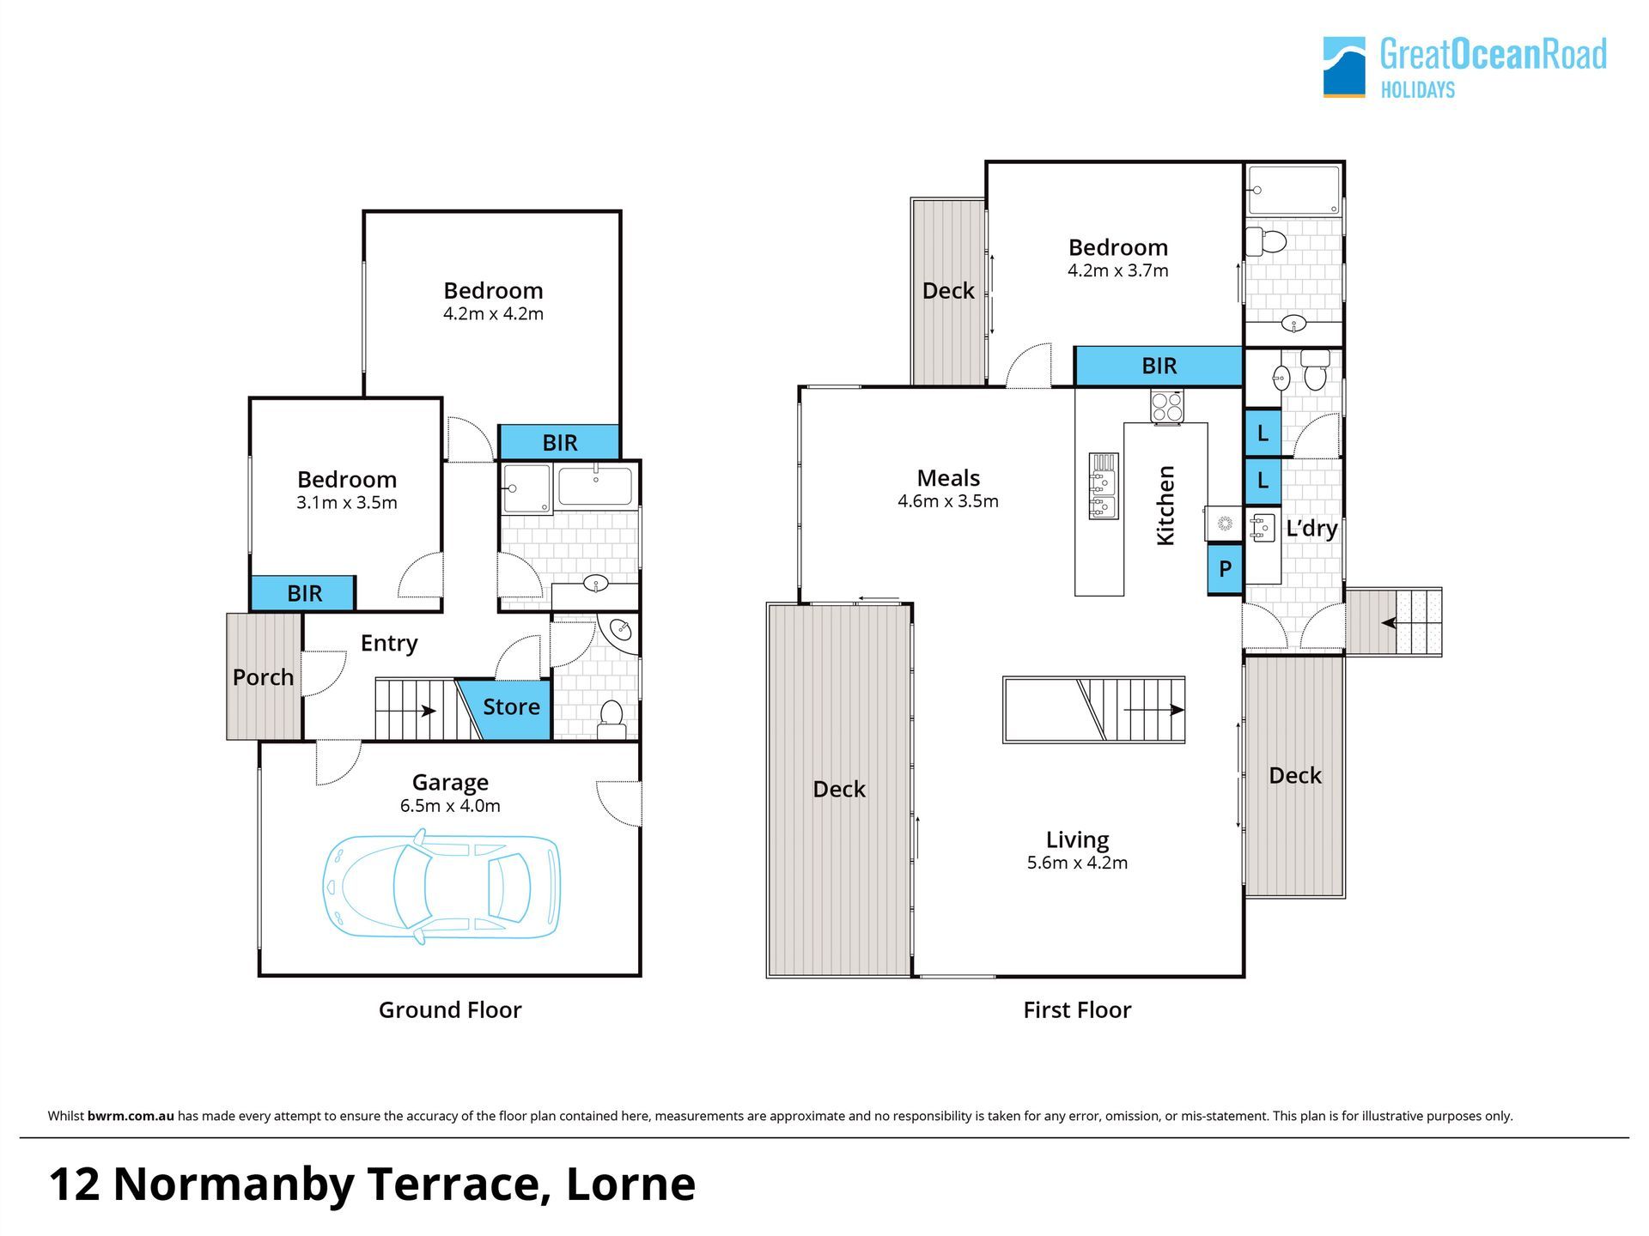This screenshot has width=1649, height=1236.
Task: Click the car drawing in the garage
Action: pos(441,886)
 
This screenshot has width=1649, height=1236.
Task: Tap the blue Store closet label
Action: pos(511,706)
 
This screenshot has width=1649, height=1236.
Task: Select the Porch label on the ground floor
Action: pos(263,677)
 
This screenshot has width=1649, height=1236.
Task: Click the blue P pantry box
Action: pos(1225,568)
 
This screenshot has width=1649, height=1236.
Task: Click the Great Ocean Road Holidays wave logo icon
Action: pos(1344,67)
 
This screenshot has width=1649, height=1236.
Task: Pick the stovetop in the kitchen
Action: pos(1166,405)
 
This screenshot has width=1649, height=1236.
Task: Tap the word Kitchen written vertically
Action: pos(1165,505)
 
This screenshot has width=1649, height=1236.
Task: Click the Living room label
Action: pos(1077,839)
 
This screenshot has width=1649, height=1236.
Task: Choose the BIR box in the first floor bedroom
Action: pos(1159,367)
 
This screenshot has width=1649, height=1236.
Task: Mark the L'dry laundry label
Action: pos(1311,528)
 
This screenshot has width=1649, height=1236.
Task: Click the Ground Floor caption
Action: pos(450,1009)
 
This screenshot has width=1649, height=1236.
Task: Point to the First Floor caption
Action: pos(1077,1009)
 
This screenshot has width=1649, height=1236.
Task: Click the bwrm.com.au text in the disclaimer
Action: pos(131,1116)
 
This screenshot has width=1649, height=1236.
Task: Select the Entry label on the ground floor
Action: pos(389,643)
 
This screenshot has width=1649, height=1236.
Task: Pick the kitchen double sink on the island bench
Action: pos(1104,487)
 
